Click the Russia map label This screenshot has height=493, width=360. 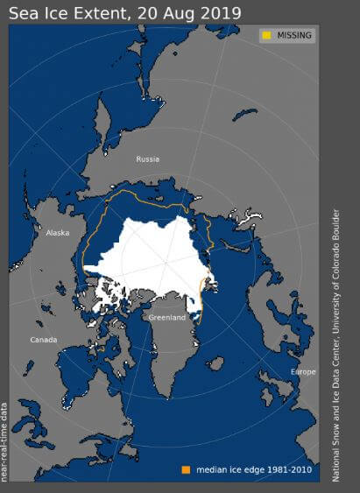147,159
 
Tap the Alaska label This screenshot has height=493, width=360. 58,233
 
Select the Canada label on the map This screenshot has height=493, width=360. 44,340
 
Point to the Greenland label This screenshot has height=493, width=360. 166,317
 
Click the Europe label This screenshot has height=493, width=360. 303,372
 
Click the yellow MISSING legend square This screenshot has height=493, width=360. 265,35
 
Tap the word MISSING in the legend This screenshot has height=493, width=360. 293,35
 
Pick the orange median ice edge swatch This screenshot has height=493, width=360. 187,468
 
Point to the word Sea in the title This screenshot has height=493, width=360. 23,12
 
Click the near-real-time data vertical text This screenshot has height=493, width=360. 4,442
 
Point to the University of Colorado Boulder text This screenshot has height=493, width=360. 335,280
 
